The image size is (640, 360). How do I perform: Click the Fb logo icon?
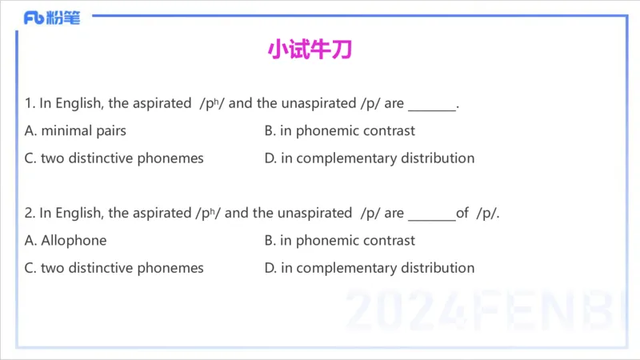click(34, 18)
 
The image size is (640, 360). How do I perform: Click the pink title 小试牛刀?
click(310, 50)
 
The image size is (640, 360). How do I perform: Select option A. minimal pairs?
click(75, 130)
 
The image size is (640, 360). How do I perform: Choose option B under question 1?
click(339, 130)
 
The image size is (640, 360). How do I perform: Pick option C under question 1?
click(114, 158)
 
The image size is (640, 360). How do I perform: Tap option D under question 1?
click(369, 158)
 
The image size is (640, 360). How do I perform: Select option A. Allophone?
click(66, 240)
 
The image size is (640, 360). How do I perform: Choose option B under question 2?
click(339, 240)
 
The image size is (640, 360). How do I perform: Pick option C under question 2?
click(114, 267)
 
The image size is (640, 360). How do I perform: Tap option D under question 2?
click(369, 267)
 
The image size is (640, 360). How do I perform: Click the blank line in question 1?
click(431, 106)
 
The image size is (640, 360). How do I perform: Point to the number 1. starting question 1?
click(30, 103)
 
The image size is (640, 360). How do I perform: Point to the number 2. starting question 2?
click(30, 213)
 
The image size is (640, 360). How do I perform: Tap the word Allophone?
click(74, 240)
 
